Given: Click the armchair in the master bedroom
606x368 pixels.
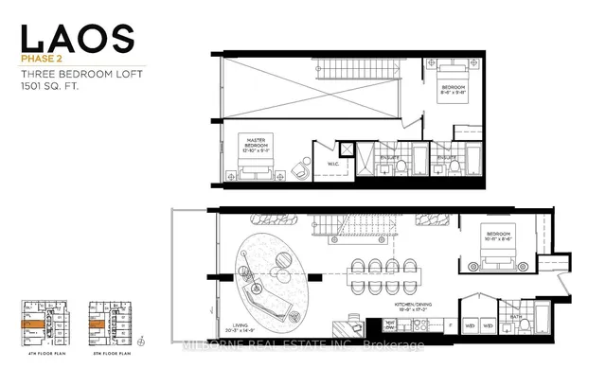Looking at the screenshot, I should tap(299, 167).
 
